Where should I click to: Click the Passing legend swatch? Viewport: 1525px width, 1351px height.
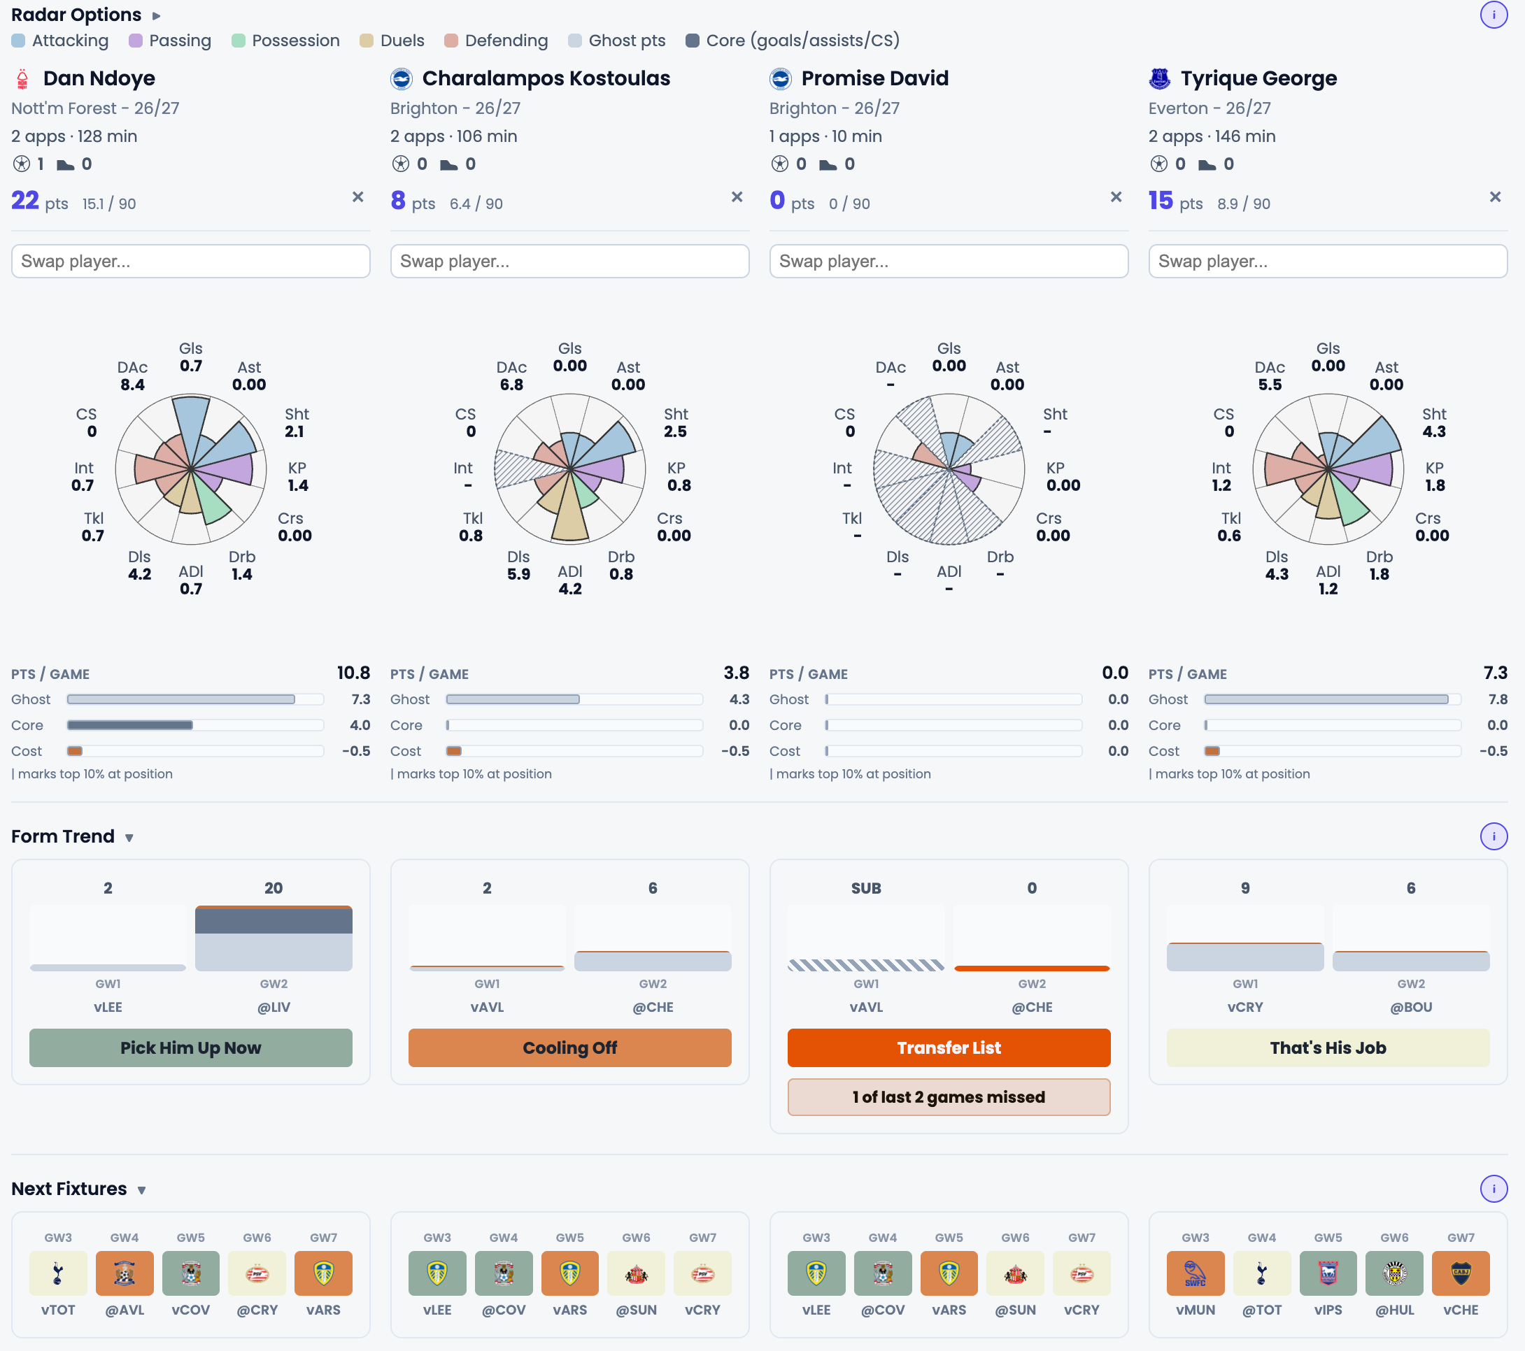coord(136,41)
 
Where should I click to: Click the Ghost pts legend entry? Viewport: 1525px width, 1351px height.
coord(616,41)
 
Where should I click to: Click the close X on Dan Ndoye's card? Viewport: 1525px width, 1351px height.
coord(358,197)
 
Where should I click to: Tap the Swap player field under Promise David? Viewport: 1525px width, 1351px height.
coord(949,261)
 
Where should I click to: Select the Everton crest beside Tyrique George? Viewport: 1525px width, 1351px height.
coord(1159,78)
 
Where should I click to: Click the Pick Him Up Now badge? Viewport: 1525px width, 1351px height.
coord(191,1048)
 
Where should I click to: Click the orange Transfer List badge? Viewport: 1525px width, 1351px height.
coord(949,1048)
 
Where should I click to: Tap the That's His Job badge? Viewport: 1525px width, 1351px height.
coord(1328,1048)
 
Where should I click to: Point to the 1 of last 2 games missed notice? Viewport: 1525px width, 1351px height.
coord(949,1096)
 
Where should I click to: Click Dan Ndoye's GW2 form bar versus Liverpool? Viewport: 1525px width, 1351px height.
coord(274,938)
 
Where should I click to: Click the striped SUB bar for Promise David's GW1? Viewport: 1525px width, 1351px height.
coord(866,964)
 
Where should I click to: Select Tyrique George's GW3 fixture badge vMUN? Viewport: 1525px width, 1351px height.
coord(1196,1273)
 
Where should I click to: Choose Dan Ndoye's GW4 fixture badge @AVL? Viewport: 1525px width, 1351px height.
coord(125,1273)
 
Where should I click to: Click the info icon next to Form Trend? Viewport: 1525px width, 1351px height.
coord(1494,836)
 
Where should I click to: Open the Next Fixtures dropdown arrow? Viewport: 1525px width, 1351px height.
coord(141,1190)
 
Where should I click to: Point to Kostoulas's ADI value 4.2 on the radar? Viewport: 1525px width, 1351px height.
coord(570,589)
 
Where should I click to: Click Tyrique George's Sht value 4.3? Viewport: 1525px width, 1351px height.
coord(1434,431)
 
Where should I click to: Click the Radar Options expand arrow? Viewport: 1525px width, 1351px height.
coord(156,15)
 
